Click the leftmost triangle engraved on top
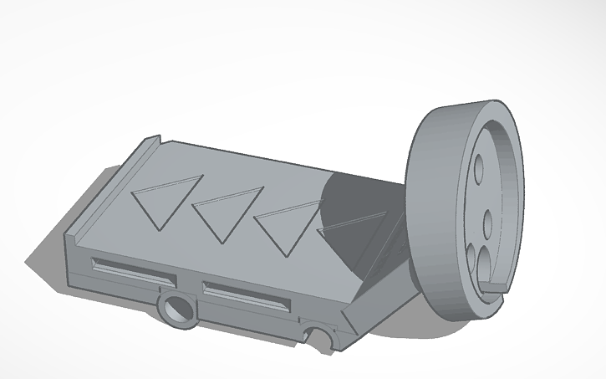pos(167,199)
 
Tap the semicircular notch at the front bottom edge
pos(318,337)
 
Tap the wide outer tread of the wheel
pos(435,209)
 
